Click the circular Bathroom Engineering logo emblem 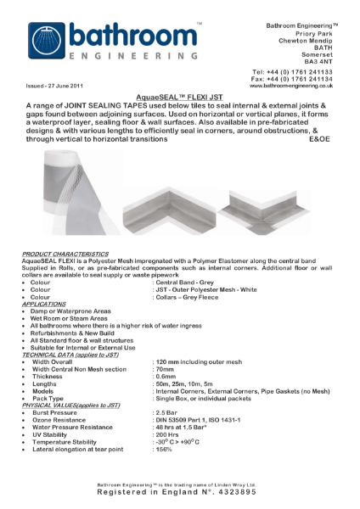(x=47, y=39)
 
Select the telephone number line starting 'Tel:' (x=293, y=73)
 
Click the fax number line (x=293, y=80)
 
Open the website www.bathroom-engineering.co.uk (x=291, y=87)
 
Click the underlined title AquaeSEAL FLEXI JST (x=180, y=97)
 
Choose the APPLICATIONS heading (x=49, y=303)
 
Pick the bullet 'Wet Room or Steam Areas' (x=72, y=317)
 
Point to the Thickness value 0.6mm (x=166, y=376)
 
